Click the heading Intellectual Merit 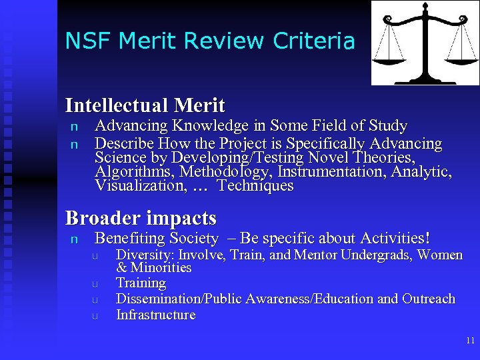coord(145,105)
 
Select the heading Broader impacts coord(141,218)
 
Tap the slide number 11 coord(470,340)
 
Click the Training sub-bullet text coord(141,283)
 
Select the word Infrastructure coord(156,315)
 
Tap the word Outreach coord(429,299)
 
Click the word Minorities coord(161,268)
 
